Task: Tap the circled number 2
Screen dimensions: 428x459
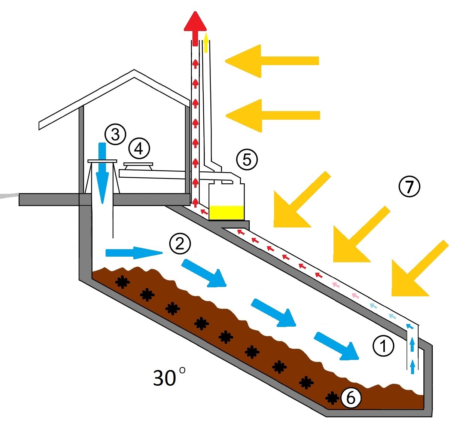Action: click(x=180, y=244)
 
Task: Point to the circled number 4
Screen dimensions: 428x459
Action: click(x=139, y=149)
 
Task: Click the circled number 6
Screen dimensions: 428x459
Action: click(x=350, y=398)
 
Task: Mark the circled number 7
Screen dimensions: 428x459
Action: click(x=409, y=186)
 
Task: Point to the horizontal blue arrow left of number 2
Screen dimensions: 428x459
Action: click(x=133, y=253)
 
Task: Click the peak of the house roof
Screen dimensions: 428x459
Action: click(x=134, y=71)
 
